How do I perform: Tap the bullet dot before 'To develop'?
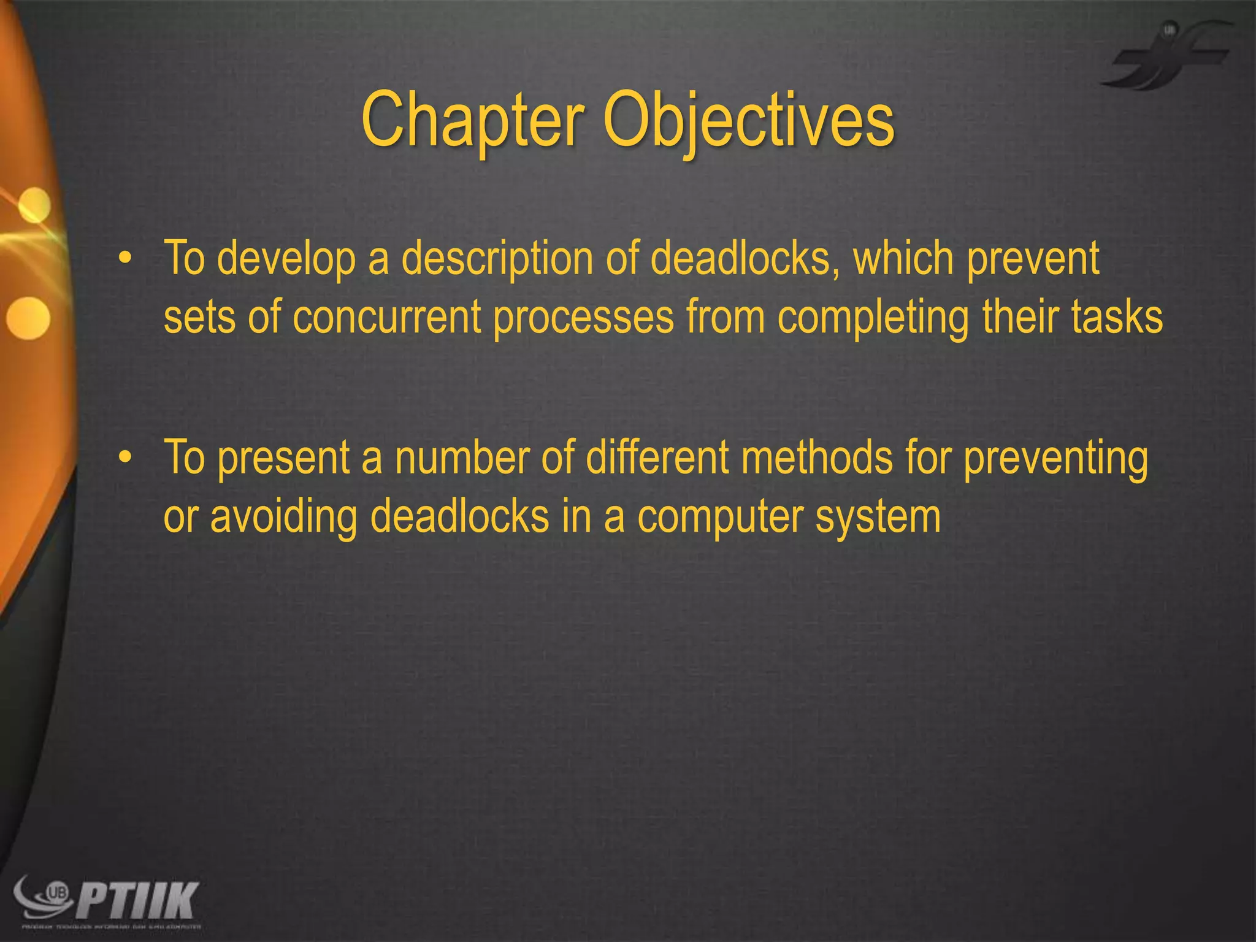point(125,259)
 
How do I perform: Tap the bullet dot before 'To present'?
point(125,458)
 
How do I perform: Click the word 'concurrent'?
point(386,317)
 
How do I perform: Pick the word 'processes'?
point(583,318)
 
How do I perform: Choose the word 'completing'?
point(873,318)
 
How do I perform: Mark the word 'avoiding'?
point(284,517)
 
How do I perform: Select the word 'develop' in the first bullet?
point(286,259)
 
